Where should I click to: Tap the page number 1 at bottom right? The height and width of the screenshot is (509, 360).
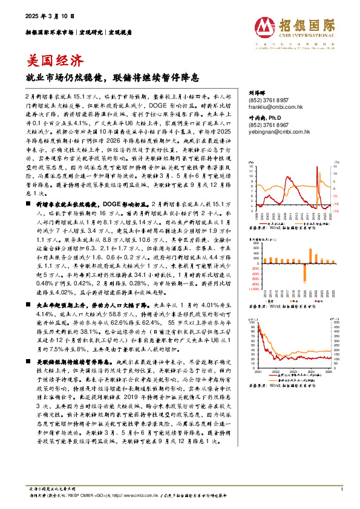coord(342,490)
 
